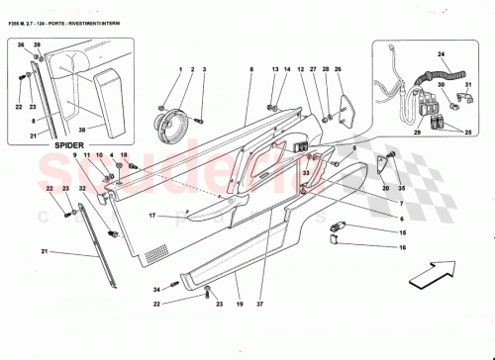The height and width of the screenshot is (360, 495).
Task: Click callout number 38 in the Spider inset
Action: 82,129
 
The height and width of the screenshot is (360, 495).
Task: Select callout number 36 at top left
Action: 21,45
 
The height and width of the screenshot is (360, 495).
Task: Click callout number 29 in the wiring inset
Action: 416,132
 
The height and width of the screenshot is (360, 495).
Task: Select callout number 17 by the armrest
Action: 152,216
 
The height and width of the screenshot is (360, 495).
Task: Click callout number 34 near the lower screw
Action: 155,289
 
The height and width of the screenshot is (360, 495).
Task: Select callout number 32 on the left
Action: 82,187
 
